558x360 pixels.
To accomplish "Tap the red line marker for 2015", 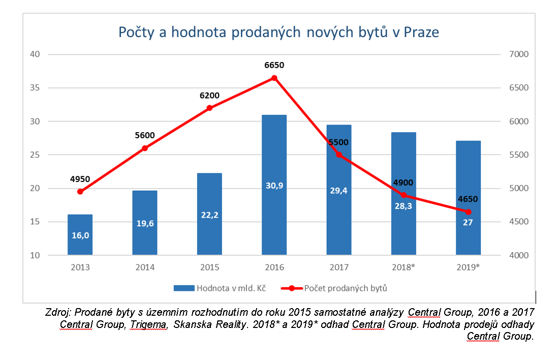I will (209, 108).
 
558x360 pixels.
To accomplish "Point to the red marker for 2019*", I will (469, 212).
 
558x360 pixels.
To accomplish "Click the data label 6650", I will (274, 65).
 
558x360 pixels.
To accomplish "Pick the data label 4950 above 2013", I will (80, 179).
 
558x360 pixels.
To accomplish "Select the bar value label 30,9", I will (274, 186).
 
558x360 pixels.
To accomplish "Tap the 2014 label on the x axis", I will (144, 267).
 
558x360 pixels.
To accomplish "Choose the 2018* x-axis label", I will (404, 267).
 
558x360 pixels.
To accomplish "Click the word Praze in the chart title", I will (421, 32).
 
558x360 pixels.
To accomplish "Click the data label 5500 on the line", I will (339, 143).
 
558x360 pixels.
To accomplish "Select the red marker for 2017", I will (339, 155).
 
